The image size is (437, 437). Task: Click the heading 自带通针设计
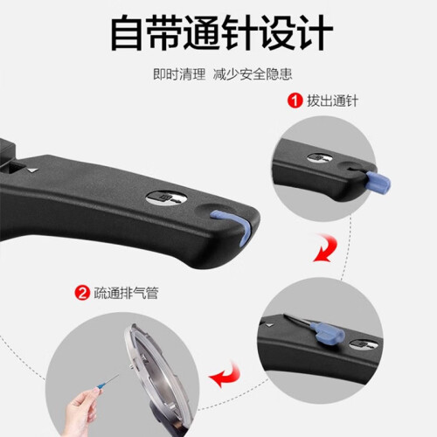tap(221, 32)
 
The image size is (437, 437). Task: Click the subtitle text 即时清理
tap(179, 74)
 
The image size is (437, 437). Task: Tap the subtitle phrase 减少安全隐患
tap(253, 74)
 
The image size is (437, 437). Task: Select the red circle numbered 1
tap(295, 101)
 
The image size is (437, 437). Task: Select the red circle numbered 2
tap(82, 293)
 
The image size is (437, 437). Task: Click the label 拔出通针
tap(332, 101)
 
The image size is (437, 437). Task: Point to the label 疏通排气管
tap(126, 293)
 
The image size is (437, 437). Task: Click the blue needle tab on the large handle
tap(233, 225)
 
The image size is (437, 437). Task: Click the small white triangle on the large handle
tap(33, 170)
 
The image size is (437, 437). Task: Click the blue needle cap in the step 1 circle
tap(378, 182)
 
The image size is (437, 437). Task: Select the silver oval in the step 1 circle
tap(320, 157)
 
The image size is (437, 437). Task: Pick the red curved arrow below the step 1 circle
tap(326, 247)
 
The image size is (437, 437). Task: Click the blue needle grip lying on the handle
tap(328, 333)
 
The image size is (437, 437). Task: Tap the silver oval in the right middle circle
tap(364, 344)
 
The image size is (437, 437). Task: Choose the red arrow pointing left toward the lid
tap(225, 376)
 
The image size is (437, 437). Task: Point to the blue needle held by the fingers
tap(108, 382)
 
